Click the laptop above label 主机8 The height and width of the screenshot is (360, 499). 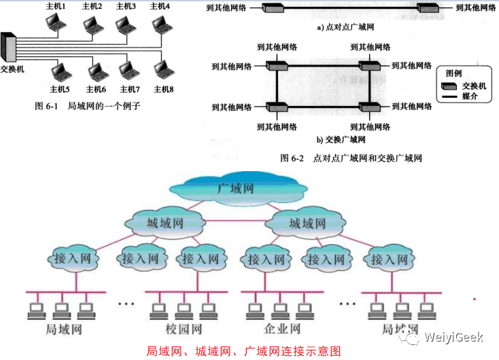coord(163,71)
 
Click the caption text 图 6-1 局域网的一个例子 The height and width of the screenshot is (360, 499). coord(87,107)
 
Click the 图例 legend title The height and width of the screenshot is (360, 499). coord(454,72)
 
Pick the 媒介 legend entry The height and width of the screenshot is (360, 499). coord(470,97)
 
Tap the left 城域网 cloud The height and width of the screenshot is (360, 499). coord(165,223)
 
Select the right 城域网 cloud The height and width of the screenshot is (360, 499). coord(306,223)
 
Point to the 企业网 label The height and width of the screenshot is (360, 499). coord(280,329)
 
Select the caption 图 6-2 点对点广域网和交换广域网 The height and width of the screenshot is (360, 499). coord(351,158)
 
